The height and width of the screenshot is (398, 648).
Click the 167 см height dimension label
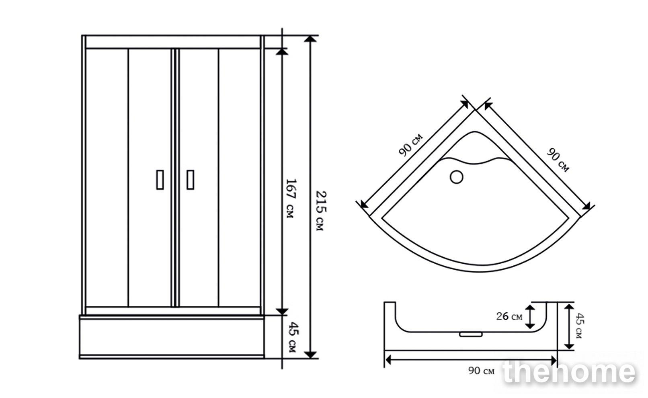pyautogui.click(x=291, y=199)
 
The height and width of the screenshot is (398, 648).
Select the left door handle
pyautogui.click(x=160, y=180)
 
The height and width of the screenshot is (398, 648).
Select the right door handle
pyautogui.click(x=191, y=180)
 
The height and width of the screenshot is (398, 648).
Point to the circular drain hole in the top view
pyautogui.click(x=457, y=177)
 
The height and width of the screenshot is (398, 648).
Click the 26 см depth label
pyautogui.click(x=509, y=316)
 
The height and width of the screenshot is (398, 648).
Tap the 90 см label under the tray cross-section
pyautogui.click(x=481, y=371)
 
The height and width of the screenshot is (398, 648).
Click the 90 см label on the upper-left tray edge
pyautogui.click(x=410, y=145)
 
